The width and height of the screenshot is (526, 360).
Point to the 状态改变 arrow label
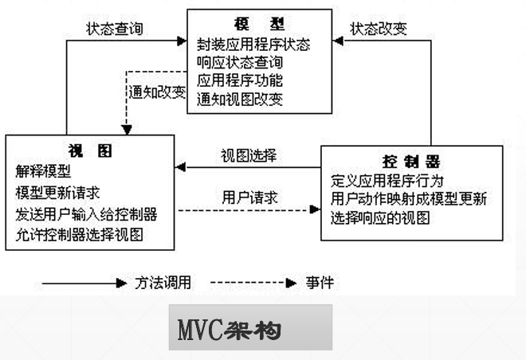point(379,29)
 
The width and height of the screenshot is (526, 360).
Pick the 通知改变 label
point(158,92)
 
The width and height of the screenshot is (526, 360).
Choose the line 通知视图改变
point(239,100)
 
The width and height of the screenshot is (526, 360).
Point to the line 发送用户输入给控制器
point(85,214)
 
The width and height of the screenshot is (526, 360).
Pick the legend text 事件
point(320,283)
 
